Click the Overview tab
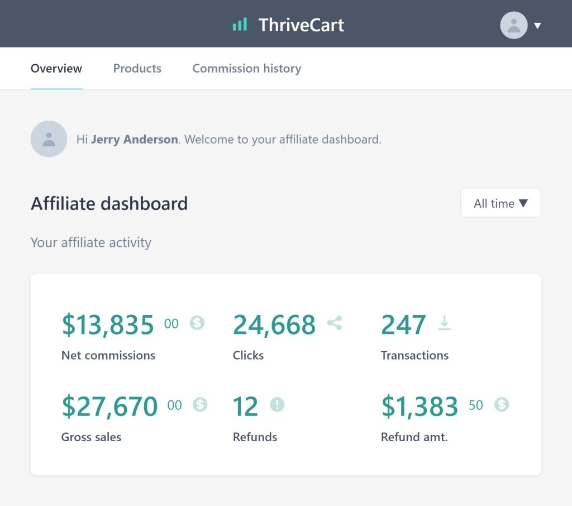pyautogui.click(x=56, y=69)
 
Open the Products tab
pyautogui.click(x=137, y=69)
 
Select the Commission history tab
pyautogui.click(x=246, y=69)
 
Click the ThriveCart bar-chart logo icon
pyautogui.click(x=240, y=25)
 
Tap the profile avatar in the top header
pyautogui.click(x=514, y=25)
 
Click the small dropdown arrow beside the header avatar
pyautogui.click(x=537, y=26)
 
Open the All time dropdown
pyautogui.click(x=501, y=203)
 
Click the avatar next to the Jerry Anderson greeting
pyautogui.click(x=49, y=139)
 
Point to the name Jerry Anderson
pyautogui.click(x=134, y=140)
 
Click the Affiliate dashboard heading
pyautogui.click(x=109, y=203)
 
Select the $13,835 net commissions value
pyautogui.click(x=108, y=324)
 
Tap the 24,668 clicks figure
pyautogui.click(x=274, y=324)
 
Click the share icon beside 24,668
pyautogui.click(x=335, y=323)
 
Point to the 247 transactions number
pyautogui.click(x=403, y=324)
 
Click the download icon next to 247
pyautogui.click(x=444, y=323)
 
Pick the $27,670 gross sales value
pyautogui.click(x=110, y=406)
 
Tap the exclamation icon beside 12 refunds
pyautogui.click(x=277, y=404)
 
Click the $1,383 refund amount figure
pyautogui.click(x=420, y=406)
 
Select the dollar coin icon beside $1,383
pyautogui.click(x=502, y=404)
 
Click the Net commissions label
pyautogui.click(x=108, y=355)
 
